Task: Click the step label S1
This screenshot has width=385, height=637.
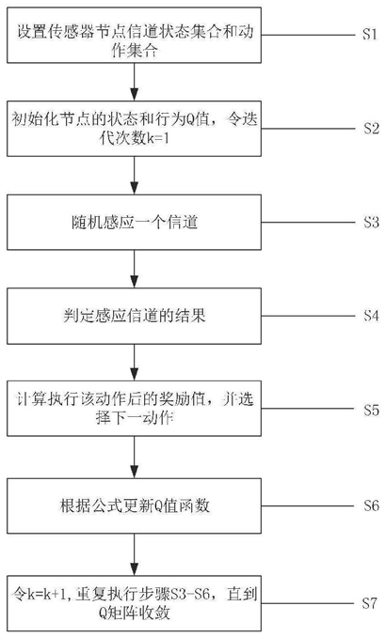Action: click(x=370, y=34)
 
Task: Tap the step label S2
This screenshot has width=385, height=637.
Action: click(x=371, y=129)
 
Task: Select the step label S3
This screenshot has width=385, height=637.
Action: click(x=371, y=223)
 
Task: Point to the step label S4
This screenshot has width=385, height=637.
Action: click(x=371, y=316)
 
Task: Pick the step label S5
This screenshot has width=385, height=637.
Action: click(x=371, y=410)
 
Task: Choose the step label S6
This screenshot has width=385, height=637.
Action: click(x=371, y=505)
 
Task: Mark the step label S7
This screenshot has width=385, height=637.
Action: click(x=370, y=603)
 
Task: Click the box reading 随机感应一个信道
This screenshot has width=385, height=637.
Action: click(x=134, y=223)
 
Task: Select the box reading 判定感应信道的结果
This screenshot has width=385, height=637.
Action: click(x=134, y=316)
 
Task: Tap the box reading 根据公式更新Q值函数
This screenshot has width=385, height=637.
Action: click(x=134, y=505)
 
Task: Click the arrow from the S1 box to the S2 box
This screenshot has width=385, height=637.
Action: click(x=134, y=82)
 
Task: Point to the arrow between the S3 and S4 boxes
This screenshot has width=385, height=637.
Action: click(x=134, y=269)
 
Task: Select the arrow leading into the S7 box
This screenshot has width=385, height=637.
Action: click(x=134, y=553)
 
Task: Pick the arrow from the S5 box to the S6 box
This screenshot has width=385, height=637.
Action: click(x=134, y=457)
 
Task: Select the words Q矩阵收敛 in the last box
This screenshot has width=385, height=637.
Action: click(x=134, y=613)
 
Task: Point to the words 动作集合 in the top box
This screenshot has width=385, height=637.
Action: click(x=134, y=41)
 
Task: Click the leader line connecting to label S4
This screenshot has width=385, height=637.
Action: click(x=308, y=316)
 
